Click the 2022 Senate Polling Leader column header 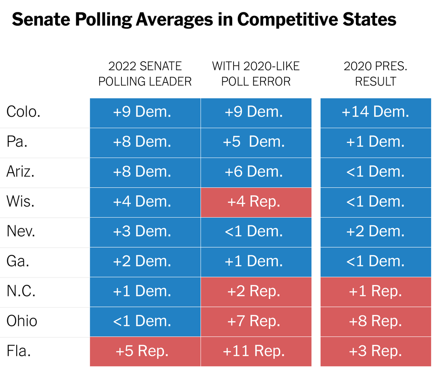(x=145, y=74)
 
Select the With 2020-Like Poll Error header (x=256, y=74)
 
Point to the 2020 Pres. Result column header (x=376, y=74)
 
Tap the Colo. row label (x=24, y=112)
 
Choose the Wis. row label (x=21, y=201)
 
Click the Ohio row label (x=22, y=321)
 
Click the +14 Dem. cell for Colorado (x=376, y=112)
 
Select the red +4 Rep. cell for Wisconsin (x=256, y=201)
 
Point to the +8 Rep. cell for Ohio (x=376, y=321)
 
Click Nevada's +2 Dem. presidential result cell (x=376, y=231)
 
